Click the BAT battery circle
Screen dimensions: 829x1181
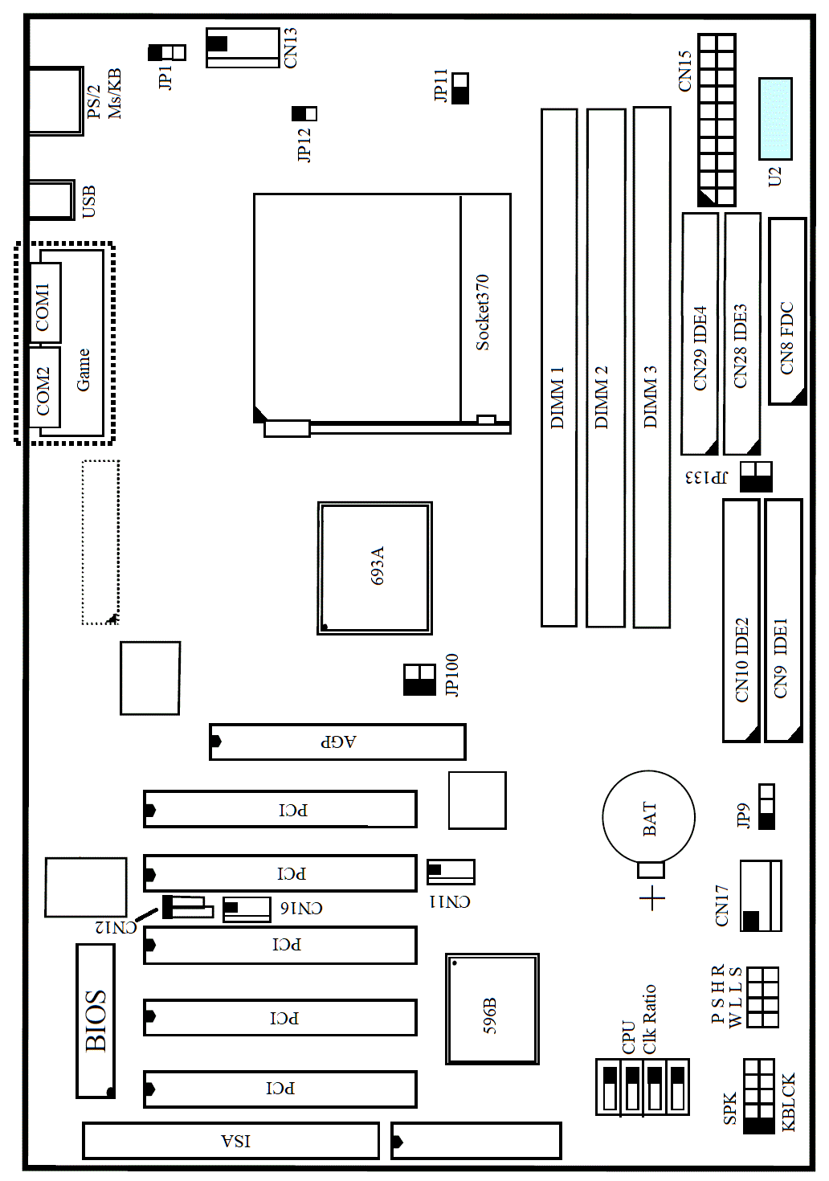click(648, 817)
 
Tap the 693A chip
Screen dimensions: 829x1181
click(374, 568)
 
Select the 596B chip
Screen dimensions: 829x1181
click(492, 1008)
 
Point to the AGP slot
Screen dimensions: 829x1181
click(338, 742)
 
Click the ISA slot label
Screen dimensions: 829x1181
click(235, 1140)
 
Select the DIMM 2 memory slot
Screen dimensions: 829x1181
click(606, 367)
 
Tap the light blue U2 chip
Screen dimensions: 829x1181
click(775, 119)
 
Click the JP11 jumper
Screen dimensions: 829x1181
click(460, 88)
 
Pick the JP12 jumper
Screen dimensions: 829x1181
click(304, 113)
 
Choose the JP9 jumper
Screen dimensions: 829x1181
click(767, 807)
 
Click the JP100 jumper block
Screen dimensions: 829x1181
click(419, 680)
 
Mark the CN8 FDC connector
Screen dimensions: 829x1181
click(787, 311)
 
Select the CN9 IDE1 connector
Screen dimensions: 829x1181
click(784, 620)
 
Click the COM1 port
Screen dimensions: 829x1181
click(45, 303)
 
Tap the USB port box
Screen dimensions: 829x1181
click(51, 200)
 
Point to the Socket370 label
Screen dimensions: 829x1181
click(482, 313)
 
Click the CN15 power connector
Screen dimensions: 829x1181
click(717, 120)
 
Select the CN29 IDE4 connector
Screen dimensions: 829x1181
click(700, 333)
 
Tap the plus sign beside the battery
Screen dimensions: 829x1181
click(653, 897)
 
